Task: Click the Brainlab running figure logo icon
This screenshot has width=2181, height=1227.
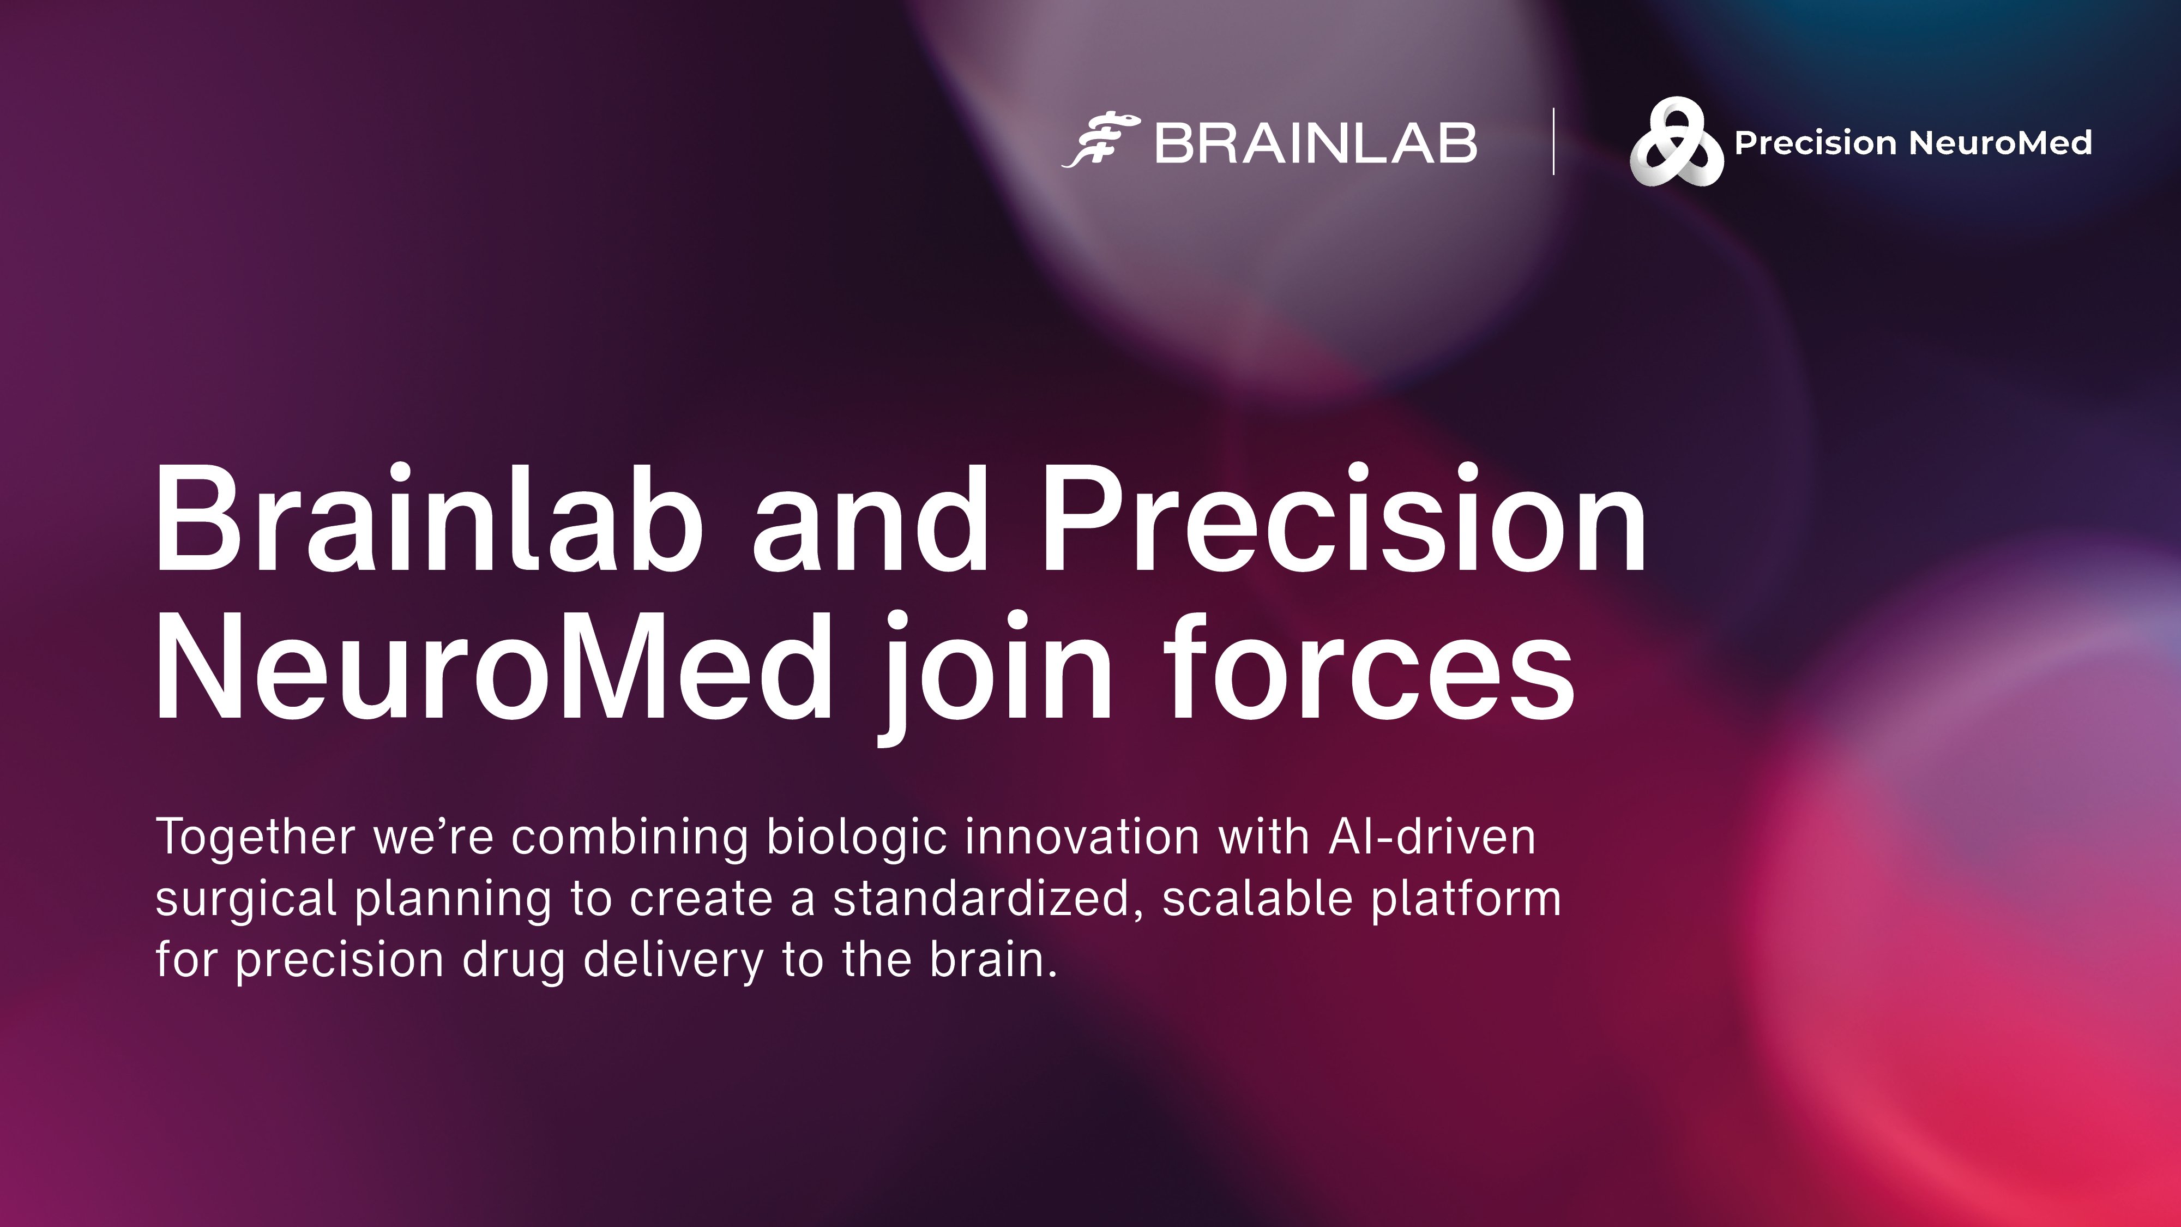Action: point(1100,141)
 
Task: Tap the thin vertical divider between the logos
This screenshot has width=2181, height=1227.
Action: point(1553,141)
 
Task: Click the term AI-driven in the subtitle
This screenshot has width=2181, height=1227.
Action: point(1432,837)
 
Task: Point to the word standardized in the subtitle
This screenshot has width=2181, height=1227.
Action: point(981,899)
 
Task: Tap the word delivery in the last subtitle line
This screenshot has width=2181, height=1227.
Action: point(673,961)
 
